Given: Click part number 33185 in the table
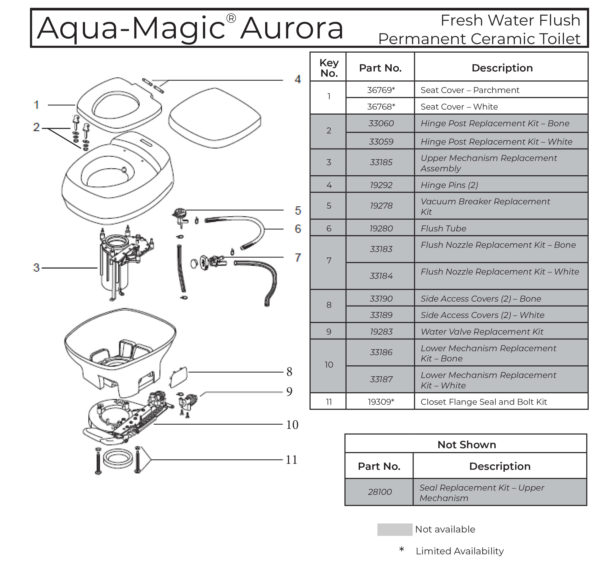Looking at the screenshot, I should tap(381, 162).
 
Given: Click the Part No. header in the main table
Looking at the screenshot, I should tap(380, 68).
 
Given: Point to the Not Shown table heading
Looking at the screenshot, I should tap(467, 444).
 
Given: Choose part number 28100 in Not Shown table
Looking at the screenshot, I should tap(380, 492).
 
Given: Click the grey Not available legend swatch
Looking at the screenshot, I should tap(395, 530).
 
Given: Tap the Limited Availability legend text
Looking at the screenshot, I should tap(460, 551).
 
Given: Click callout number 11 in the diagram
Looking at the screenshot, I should tap(291, 460).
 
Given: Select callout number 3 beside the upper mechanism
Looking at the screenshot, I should tap(36, 268).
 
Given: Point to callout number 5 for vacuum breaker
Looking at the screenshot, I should tap(298, 211).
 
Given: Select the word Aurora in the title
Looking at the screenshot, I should tap(292, 29).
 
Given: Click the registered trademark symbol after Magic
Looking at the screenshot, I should tap(231, 19).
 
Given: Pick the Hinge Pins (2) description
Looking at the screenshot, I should tap(449, 185).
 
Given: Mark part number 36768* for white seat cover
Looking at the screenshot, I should tap(381, 106).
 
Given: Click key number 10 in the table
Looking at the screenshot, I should tap(329, 365).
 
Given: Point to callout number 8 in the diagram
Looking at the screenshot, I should tap(289, 372).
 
